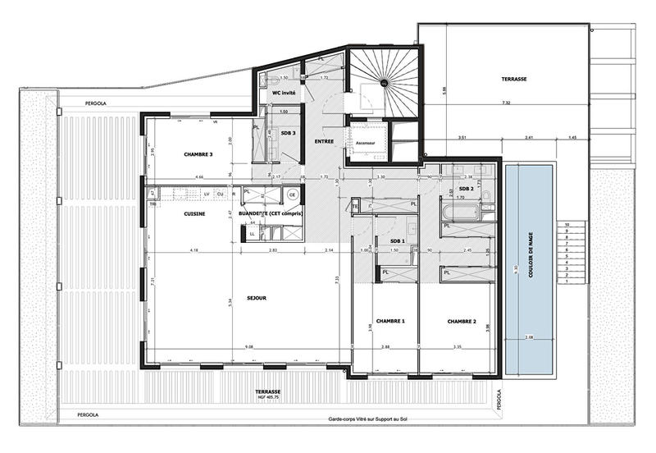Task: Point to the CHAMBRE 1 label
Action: coord(391,321)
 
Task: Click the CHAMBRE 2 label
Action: coord(462,321)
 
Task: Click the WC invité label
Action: coord(276,93)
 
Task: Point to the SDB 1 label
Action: coord(399,240)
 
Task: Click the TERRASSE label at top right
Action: coord(515,80)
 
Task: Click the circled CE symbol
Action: coord(292,195)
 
